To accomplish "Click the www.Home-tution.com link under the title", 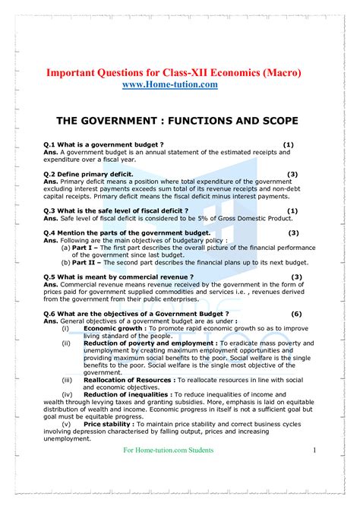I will [169, 85].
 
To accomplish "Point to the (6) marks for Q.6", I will [296, 314].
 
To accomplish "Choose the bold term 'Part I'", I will [84, 248].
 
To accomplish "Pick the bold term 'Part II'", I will [85, 262].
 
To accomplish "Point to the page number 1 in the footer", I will [314, 451].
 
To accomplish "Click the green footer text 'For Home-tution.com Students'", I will [169, 451].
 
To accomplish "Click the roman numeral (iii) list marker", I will [67, 379].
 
